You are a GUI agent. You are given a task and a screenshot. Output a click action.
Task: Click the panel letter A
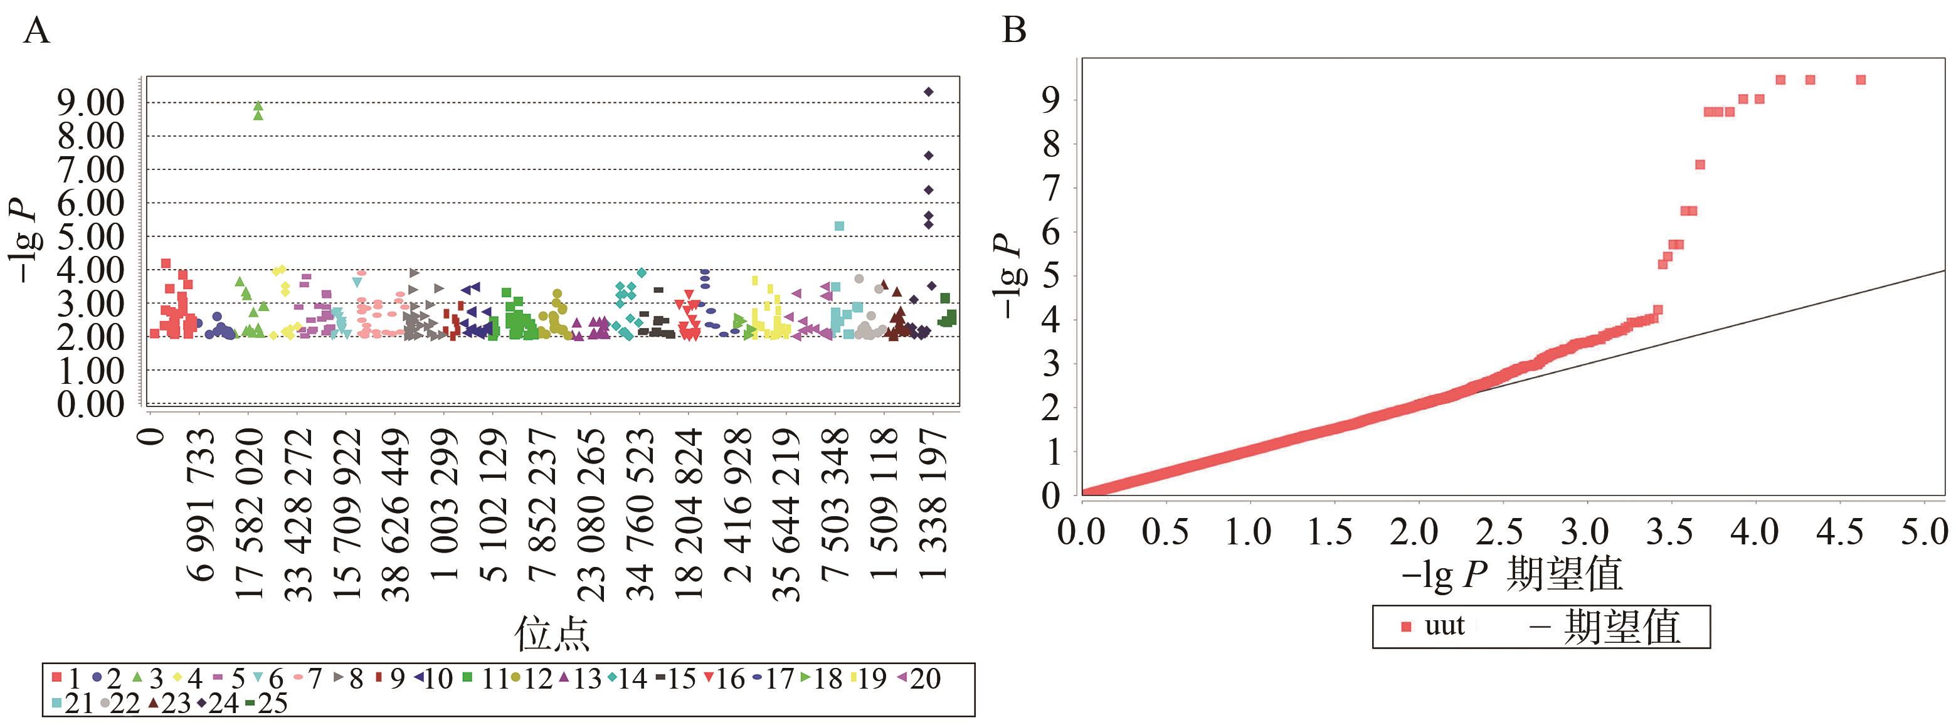(x=36, y=33)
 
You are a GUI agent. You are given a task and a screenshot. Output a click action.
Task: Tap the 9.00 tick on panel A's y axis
(x=90, y=102)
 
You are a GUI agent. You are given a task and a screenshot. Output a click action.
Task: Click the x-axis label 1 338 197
(x=933, y=505)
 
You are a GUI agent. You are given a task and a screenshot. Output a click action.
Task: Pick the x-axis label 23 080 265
(x=591, y=516)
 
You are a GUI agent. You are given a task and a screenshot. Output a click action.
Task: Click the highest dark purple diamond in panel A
(x=928, y=92)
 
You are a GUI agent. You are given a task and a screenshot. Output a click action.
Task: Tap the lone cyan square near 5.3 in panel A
(x=839, y=226)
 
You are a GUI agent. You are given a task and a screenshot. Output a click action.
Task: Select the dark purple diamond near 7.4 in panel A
(x=928, y=156)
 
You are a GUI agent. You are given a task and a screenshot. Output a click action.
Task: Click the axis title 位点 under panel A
(x=552, y=634)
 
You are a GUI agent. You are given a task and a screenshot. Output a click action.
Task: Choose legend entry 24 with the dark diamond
(x=217, y=704)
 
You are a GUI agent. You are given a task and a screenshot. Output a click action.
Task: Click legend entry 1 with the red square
(x=66, y=678)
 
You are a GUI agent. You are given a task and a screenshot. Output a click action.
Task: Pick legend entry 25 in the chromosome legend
(x=266, y=704)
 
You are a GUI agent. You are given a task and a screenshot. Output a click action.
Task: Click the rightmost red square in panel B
(x=1860, y=80)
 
